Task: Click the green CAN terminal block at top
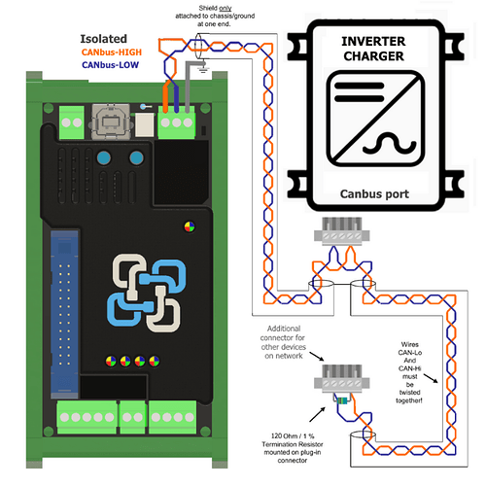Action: point(178,123)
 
